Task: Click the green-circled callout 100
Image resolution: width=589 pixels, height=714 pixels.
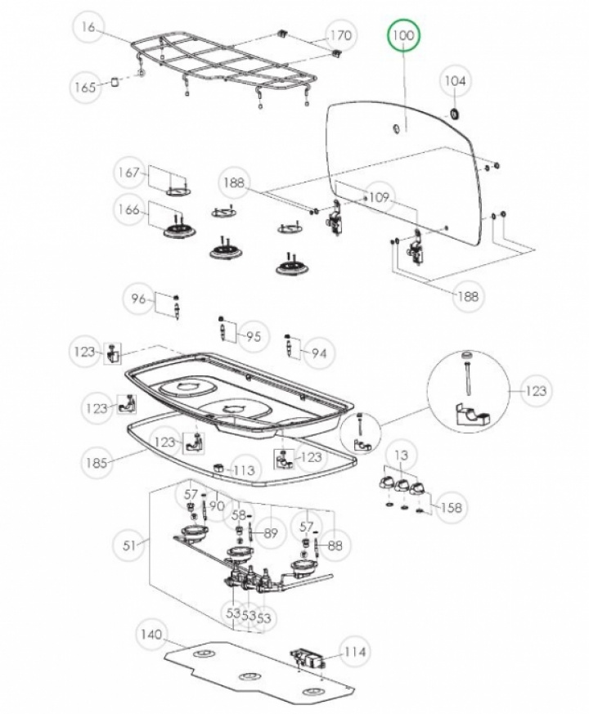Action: (404, 37)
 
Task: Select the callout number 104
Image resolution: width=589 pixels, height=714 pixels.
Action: (455, 81)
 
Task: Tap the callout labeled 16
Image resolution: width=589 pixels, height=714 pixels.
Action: (89, 28)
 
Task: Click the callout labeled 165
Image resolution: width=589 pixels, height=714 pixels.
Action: (86, 87)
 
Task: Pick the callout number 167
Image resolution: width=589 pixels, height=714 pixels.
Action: (128, 173)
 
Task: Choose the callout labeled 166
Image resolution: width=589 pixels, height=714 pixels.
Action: (128, 210)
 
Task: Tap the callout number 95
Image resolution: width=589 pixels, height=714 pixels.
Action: (254, 336)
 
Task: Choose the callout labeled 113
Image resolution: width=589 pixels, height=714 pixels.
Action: (245, 470)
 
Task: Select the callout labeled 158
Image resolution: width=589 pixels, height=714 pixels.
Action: (450, 507)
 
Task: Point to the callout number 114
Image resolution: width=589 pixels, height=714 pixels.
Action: (354, 652)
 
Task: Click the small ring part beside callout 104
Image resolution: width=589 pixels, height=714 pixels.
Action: (452, 111)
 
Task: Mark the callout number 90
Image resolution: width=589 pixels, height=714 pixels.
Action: (216, 505)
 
